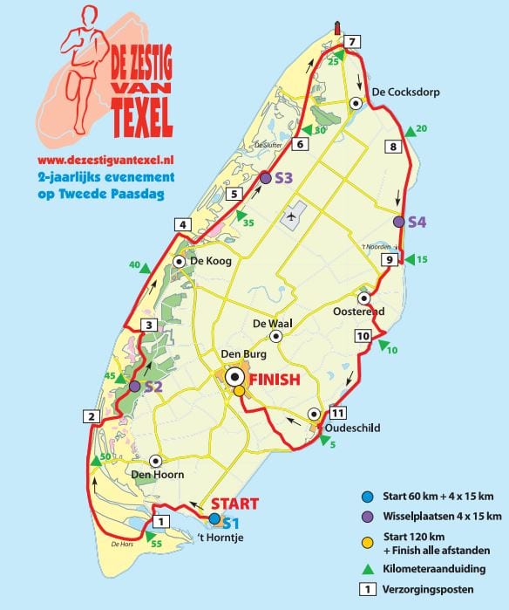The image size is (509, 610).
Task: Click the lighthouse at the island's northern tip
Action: [337, 30]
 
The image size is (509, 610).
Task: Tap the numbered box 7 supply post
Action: [351, 42]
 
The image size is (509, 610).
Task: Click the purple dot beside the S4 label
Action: [399, 222]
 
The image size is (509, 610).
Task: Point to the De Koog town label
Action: [208, 261]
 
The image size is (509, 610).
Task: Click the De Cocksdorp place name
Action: [405, 92]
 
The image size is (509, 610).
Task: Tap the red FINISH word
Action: [275, 380]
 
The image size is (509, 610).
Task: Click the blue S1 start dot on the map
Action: [215, 517]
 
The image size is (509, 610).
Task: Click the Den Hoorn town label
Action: [153, 476]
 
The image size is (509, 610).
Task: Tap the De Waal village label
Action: [270, 324]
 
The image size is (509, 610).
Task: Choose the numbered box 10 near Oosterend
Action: [363, 336]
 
